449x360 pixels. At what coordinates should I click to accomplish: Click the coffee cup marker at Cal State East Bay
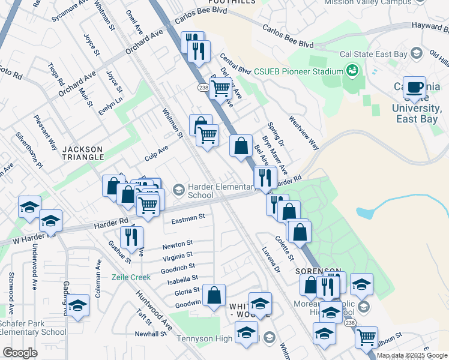tap(414, 87)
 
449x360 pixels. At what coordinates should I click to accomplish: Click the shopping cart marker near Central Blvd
tap(221, 88)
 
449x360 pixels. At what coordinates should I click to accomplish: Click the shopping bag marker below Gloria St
tap(214, 295)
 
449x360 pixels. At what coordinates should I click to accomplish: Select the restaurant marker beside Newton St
tap(131, 236)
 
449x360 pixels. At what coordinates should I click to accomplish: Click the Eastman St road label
tap(188, 218)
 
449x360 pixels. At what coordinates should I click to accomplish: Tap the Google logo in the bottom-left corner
tap(20, 352)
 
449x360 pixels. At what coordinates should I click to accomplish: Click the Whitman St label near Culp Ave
tap(172, 122)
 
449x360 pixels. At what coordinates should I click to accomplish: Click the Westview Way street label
tap(305, 133)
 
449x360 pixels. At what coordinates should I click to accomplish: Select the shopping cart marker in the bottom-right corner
tap(366, 337)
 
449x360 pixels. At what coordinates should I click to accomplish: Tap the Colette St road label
tap(284, 248)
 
